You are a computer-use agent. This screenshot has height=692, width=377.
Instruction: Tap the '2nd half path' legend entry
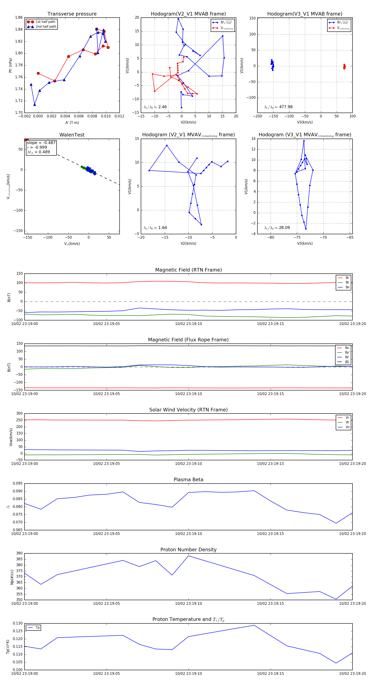46,27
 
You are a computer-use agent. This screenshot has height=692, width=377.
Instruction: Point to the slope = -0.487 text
41,143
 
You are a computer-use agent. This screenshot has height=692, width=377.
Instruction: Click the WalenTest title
72,135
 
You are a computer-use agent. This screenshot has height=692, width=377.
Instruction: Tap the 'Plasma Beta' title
188,480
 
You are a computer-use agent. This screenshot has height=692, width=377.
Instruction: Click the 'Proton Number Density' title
188,550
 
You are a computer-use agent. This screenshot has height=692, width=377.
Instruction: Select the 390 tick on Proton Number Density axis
19,553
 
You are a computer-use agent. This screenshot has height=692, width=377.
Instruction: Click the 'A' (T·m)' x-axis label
72,122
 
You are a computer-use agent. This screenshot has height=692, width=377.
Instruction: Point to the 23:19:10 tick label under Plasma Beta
188,533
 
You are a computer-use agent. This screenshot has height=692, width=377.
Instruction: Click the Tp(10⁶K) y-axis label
8,647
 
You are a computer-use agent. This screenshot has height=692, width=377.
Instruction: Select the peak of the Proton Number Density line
189,556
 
